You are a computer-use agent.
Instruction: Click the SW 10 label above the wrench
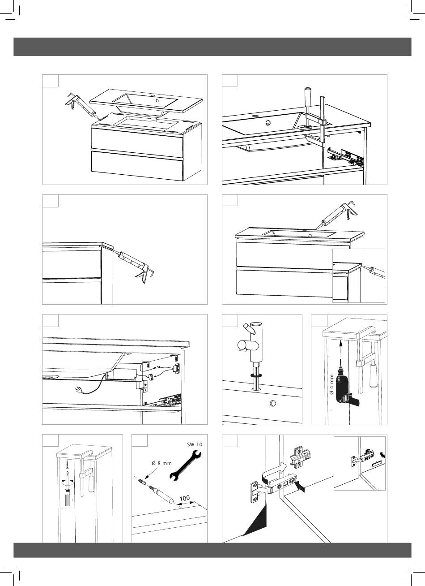pyautogui.click(x=194, y=444)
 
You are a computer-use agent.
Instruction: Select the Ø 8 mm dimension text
pyautogui.click(x=161, y=463)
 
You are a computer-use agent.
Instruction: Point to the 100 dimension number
pyautogui.click(x=184, y=498)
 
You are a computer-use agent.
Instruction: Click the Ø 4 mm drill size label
pyautogui.click(x=331, y=388)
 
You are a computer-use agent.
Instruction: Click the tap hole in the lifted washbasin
pyautogui.click(x=157, y=100)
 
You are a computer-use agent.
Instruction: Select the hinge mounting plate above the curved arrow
pyautogui.click(x=300, y=457)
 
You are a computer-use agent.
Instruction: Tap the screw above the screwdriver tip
pyautogui.click(x=68, y=464)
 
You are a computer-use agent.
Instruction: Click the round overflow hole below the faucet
pyautogui.click(x=273, y=403)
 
